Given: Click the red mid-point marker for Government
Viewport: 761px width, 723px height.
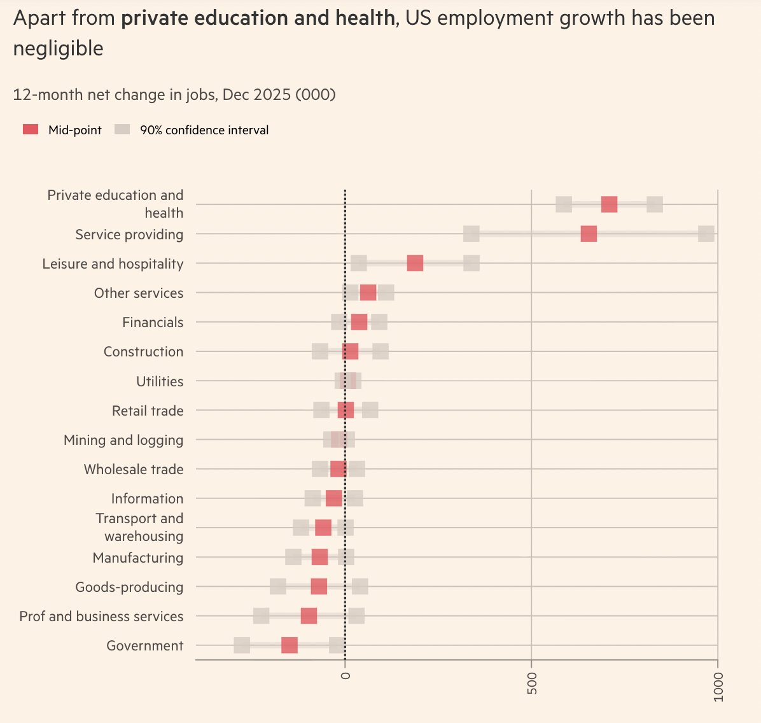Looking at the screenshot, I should click(290, 645).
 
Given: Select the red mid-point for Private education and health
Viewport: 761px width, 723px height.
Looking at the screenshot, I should click(609, 204).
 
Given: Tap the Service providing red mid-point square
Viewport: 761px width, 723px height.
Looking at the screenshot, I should click(589, 234).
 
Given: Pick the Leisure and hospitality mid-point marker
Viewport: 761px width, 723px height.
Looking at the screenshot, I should click(415, 263).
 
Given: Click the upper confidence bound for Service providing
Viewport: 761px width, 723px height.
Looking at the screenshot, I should click(706, 234).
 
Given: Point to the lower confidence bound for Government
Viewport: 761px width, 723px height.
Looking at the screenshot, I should click(242, 645).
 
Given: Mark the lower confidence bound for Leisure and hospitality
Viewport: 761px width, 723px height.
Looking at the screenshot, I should click(359, 263).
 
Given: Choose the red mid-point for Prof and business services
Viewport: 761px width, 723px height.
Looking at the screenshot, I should click(309, 616).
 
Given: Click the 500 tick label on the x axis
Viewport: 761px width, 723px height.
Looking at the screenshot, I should click(532, 682).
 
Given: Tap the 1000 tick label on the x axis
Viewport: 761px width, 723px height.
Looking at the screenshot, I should click(718, 687).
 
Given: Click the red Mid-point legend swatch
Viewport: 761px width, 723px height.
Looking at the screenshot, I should click(31, 130).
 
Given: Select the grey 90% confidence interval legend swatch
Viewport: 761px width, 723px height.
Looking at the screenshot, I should click(122, 130).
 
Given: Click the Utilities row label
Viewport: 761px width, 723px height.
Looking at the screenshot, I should click(160, 381).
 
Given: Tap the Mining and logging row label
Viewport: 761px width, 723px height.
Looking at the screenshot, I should click(123, 440).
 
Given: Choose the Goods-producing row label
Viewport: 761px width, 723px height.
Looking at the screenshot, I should click(129, 587).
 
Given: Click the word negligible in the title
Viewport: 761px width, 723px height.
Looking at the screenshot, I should click(59, 48).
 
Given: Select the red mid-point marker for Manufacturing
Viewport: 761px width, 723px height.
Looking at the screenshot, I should click(319, 558).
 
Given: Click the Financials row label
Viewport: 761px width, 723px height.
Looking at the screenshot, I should click(153, 322).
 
